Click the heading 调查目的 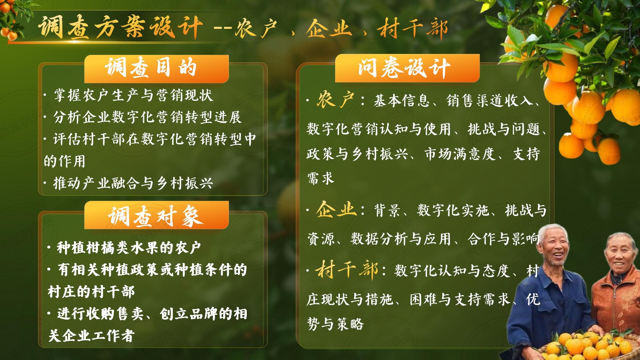[151, 68]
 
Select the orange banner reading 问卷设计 [407, 68]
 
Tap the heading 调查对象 [156, 216]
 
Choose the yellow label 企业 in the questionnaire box [336, 210]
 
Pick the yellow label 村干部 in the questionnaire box [346, 270]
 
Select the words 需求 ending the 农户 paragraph [320, 178]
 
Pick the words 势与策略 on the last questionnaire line [335, 324]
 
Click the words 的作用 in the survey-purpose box [64, 161]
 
